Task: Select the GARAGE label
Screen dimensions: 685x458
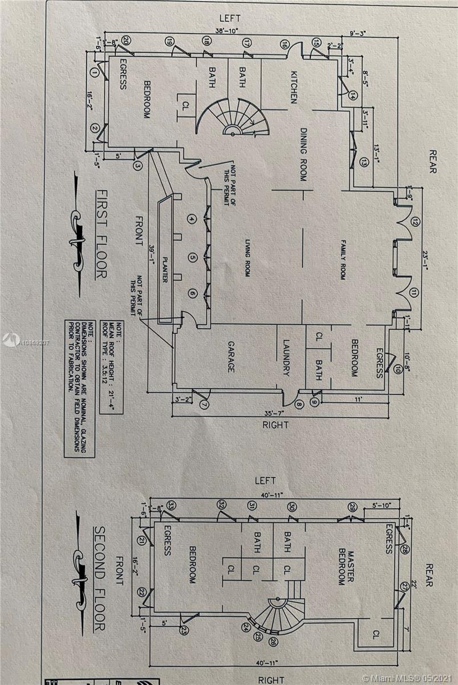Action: pos(231,357)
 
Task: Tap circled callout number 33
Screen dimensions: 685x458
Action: pos(171,505)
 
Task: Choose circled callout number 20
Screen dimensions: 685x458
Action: pos(125,40)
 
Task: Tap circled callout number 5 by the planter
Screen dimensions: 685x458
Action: pos(192,258)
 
